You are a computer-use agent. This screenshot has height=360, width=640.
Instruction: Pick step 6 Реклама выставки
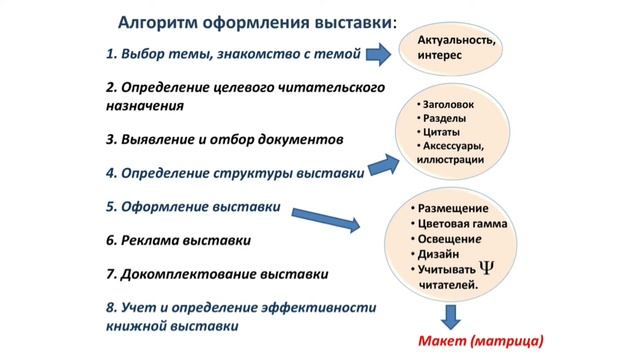177,240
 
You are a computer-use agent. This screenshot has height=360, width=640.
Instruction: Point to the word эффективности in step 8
304,308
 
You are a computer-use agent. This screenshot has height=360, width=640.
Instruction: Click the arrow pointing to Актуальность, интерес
376,52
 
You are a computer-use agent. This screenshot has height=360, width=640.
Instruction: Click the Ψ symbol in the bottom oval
488,267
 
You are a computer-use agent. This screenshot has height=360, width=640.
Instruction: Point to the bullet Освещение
456,239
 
